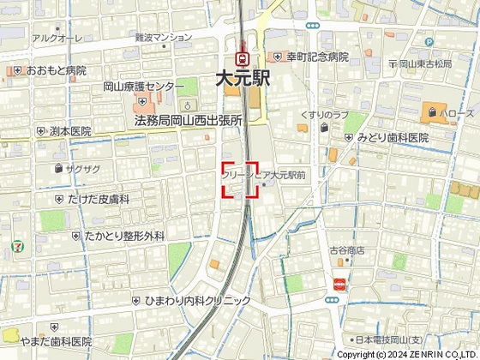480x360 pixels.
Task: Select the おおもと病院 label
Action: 56,70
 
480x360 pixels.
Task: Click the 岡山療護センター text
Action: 143,87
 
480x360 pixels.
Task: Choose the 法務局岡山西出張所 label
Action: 189,121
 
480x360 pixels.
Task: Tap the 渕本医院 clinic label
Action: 70,132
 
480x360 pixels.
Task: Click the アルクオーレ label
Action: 56,39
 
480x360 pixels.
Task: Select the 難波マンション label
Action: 164,39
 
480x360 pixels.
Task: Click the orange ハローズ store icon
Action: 429,111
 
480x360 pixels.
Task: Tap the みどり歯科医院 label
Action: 393,138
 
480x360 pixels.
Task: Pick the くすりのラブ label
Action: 323,115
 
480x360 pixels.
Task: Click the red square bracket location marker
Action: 240,179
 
